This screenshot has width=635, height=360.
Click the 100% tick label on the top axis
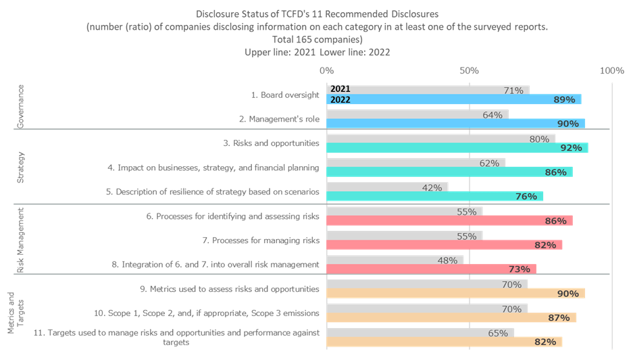click(612, 71)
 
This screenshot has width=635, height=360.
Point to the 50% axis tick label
click(469, 71)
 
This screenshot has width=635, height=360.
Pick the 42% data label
click(432, 187)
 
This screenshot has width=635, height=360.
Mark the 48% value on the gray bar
click(449, 260)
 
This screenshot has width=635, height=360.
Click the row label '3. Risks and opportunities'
click(270, 143)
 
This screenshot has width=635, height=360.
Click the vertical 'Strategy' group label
click(20, 166)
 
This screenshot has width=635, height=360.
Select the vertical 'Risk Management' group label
click(20, 240)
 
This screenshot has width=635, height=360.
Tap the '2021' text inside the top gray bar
click(340, 89)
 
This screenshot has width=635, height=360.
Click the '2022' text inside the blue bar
click(340, 100)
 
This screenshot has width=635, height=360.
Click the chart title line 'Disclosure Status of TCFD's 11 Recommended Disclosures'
click(317, 14)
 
